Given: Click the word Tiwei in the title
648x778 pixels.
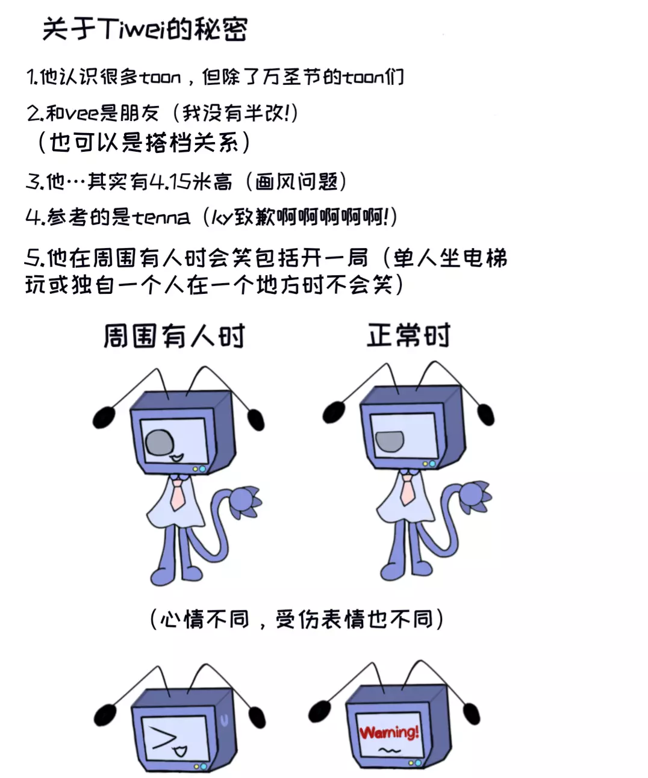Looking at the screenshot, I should tap(131, 29).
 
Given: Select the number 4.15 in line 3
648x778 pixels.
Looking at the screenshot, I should tap(170, 181).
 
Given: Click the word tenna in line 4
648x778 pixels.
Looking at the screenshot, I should tap(161, 217).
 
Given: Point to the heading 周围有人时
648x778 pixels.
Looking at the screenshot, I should tap(174, 336).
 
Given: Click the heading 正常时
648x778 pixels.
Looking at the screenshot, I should tap(408, 335).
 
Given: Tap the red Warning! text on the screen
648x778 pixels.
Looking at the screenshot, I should tap(388, 732).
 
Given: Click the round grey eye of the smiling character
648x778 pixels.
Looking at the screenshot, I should tap(160, 443).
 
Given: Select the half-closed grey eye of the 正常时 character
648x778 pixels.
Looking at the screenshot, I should tap(390, 441).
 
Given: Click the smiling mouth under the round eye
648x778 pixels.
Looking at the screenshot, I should tap(177, 459).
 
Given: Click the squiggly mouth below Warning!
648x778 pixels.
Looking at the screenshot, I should tap(389, 750).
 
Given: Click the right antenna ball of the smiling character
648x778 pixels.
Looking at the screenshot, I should tap(256, 419).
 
